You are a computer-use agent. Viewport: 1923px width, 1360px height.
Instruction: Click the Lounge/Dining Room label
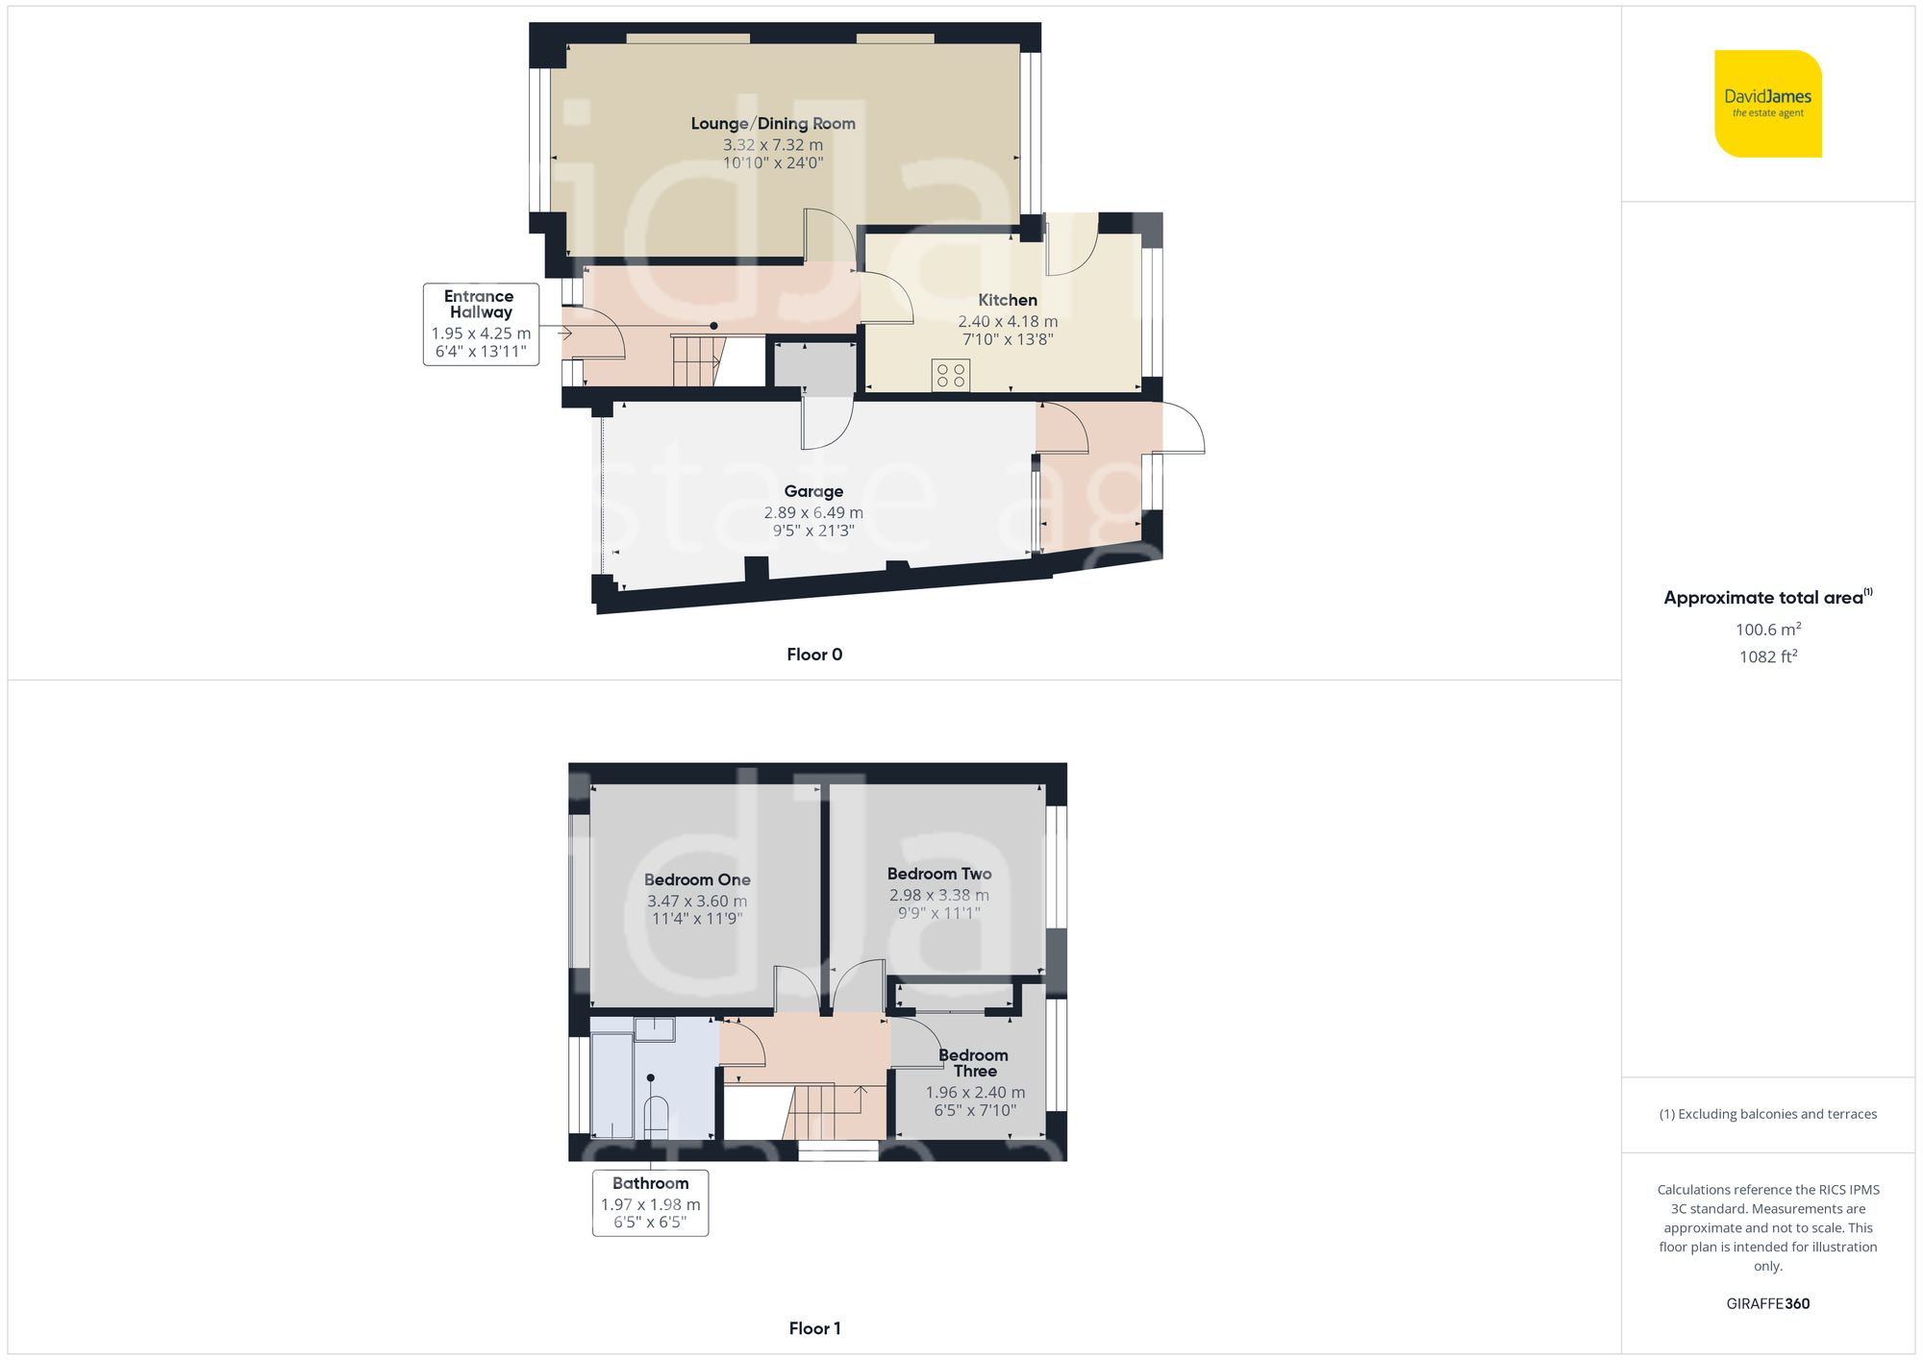click(x=773, y=124)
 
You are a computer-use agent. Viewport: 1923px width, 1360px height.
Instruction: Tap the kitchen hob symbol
click(x=950, y=376)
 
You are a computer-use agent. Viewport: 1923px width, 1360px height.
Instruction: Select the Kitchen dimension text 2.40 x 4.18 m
click(x=1008, y=322)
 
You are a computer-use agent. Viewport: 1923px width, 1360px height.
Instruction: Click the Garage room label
click(x=813, y=492)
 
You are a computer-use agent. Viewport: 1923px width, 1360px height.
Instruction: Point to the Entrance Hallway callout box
click(x=481, y=324)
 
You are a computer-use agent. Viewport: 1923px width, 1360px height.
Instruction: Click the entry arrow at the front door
click(x=563, y=334)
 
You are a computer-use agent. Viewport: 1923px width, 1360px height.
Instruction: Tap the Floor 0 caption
click(x=813, y=655)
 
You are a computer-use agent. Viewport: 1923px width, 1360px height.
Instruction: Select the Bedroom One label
click(x=697, y=880)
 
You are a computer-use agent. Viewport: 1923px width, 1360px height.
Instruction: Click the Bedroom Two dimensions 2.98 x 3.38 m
click(x=938, y=896)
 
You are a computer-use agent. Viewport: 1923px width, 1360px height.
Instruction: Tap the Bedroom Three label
click(x=974, y=1063)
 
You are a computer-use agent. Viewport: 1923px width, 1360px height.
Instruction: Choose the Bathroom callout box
click(x=650, y=1202)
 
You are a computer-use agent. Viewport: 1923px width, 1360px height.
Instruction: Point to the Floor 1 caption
click(x=814, y=1328)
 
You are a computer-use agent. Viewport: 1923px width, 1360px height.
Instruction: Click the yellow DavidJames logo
click(x=1767, y=104)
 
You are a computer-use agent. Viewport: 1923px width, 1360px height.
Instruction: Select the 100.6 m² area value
click(x=1767, y=630)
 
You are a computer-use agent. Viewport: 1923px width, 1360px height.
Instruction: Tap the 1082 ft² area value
click(x=1767, y=657)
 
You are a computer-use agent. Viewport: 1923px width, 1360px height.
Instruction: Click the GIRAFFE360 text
click(x=1767, y=1304)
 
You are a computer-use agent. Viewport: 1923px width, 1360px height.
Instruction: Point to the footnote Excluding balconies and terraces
click(x=1767, y=1114)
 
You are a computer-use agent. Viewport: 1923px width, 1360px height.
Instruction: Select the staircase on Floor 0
click(x=694, y=360)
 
